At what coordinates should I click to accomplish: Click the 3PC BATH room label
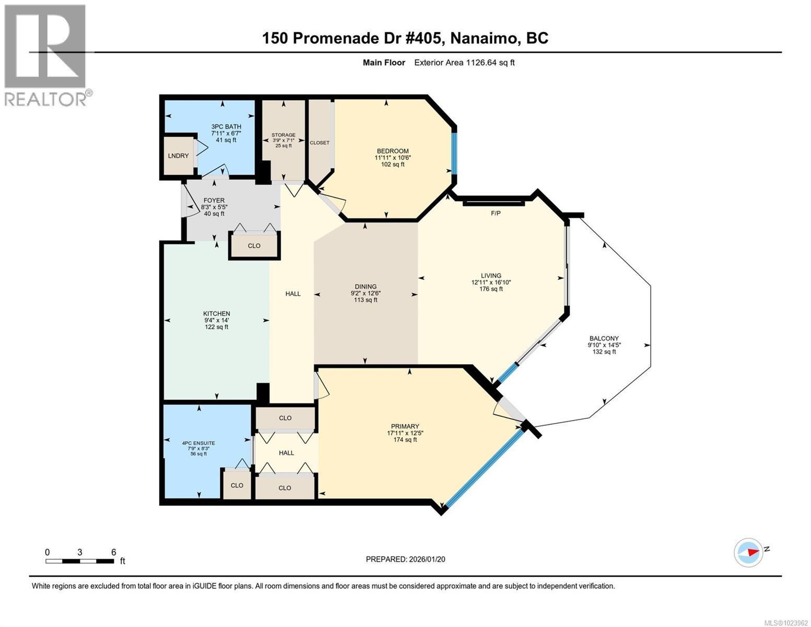[226, 126]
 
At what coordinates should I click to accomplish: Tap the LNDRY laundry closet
[179, 156]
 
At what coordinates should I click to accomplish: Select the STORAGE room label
[283, 135]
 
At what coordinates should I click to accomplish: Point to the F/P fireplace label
[496, 213]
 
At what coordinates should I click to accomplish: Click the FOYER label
[214, 200]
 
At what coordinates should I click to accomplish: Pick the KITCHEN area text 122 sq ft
[216, 327]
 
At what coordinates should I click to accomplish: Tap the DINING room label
[366, 286]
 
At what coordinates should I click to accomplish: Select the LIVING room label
[491, 275]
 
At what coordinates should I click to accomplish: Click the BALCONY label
[604, 338]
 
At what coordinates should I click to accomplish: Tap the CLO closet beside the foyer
[254, 246]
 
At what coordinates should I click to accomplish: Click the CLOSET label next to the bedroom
[320, 143]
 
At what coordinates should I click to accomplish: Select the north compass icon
[749, 551]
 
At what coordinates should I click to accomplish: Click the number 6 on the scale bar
[114, 552]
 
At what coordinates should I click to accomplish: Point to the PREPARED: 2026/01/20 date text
[405, 559]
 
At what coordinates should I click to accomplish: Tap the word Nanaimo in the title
[482, 38]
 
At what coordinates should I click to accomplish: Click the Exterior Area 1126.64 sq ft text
[464, 63]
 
